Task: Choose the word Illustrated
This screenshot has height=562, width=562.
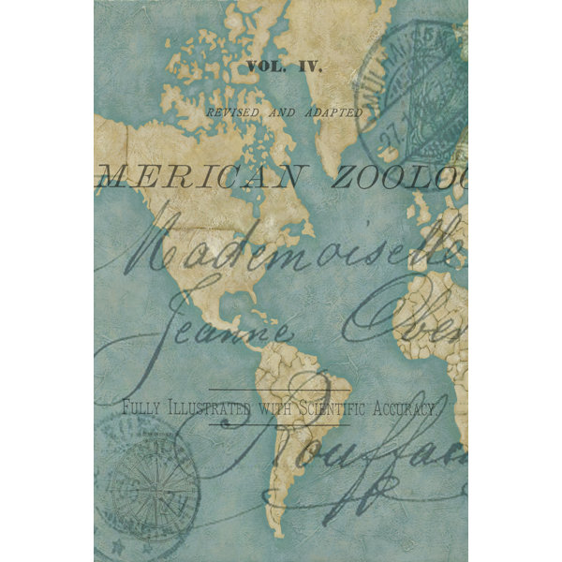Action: pyautogui.click(x=208, y=408)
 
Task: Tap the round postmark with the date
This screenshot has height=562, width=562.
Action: pyautogui.click(x=412, y=94)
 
